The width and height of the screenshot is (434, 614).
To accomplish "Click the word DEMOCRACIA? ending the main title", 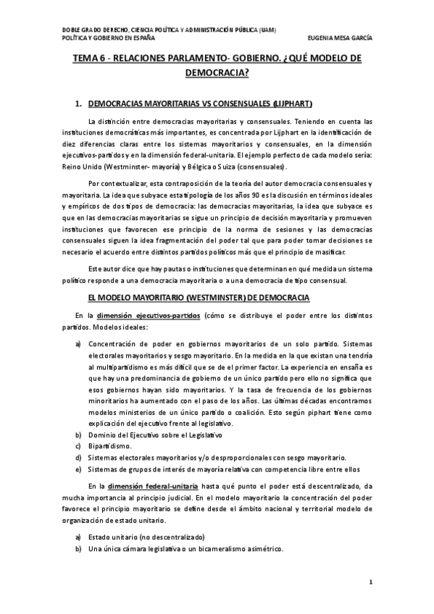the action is tap(217, 72).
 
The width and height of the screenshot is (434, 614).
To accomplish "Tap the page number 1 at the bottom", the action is tap(370, 582).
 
